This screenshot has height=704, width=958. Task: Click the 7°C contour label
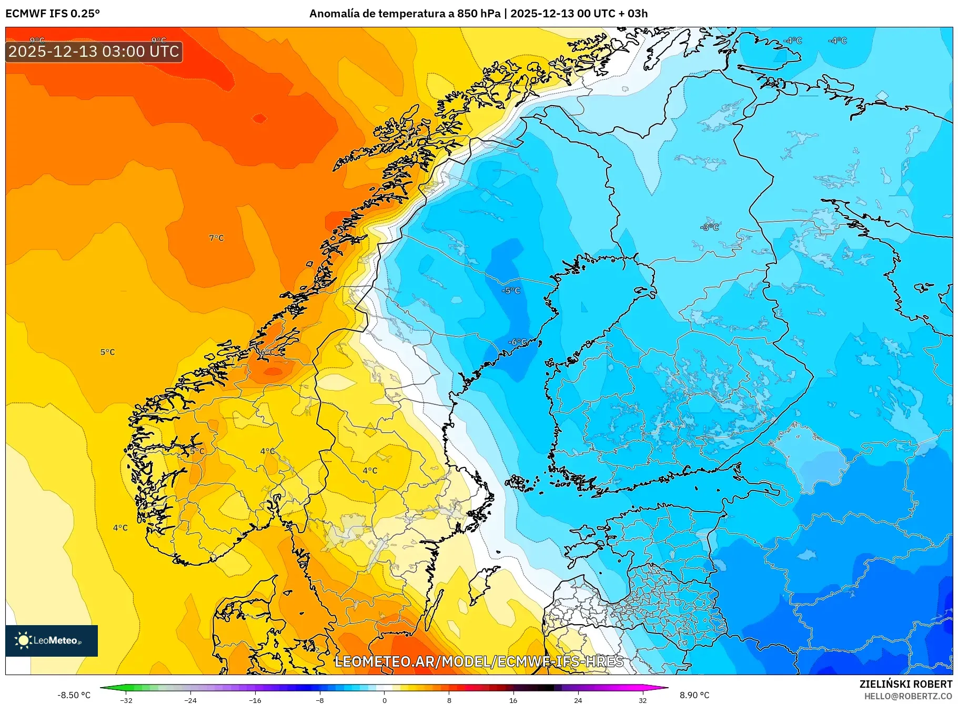pyautogui.click(x=216, y=238)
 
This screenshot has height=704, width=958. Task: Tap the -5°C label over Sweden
pyautogui.click(x=511, y=291)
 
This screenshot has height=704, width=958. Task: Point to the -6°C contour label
pyautogui.click(x=517, y=342)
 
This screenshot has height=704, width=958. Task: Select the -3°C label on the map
pyautogui.click(x=710, y=227)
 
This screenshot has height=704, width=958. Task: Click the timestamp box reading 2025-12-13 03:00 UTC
pyautogui.click(x=94, y=52)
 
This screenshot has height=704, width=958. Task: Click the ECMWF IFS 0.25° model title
pyautogui.click(x=53, y=14)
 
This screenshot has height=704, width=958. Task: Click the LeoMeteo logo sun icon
pyautogui.click(x=23, y=640)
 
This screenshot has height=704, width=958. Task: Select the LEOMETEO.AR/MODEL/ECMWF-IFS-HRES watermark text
pyautogui.click(x=479, y=661)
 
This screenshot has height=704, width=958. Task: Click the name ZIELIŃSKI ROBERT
pyautogui.click(x=905, y=684)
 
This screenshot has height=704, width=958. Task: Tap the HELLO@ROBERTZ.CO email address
pyautogui.click(x=907, y=696)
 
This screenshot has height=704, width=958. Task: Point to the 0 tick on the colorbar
pyautogui.click(x=385, y=700)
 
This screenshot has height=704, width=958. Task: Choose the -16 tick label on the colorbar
pyautogui.click(x=255, y=700)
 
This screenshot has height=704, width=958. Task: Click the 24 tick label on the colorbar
pyautogui.click(x=578, y=700)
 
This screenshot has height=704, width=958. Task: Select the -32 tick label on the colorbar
pyautogui.click(x=126, y=700)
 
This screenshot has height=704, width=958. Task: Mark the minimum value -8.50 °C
pyautogui.click(x=74, y=695)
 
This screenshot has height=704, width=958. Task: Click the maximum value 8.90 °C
pyautogui.click(x=694, y=695)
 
